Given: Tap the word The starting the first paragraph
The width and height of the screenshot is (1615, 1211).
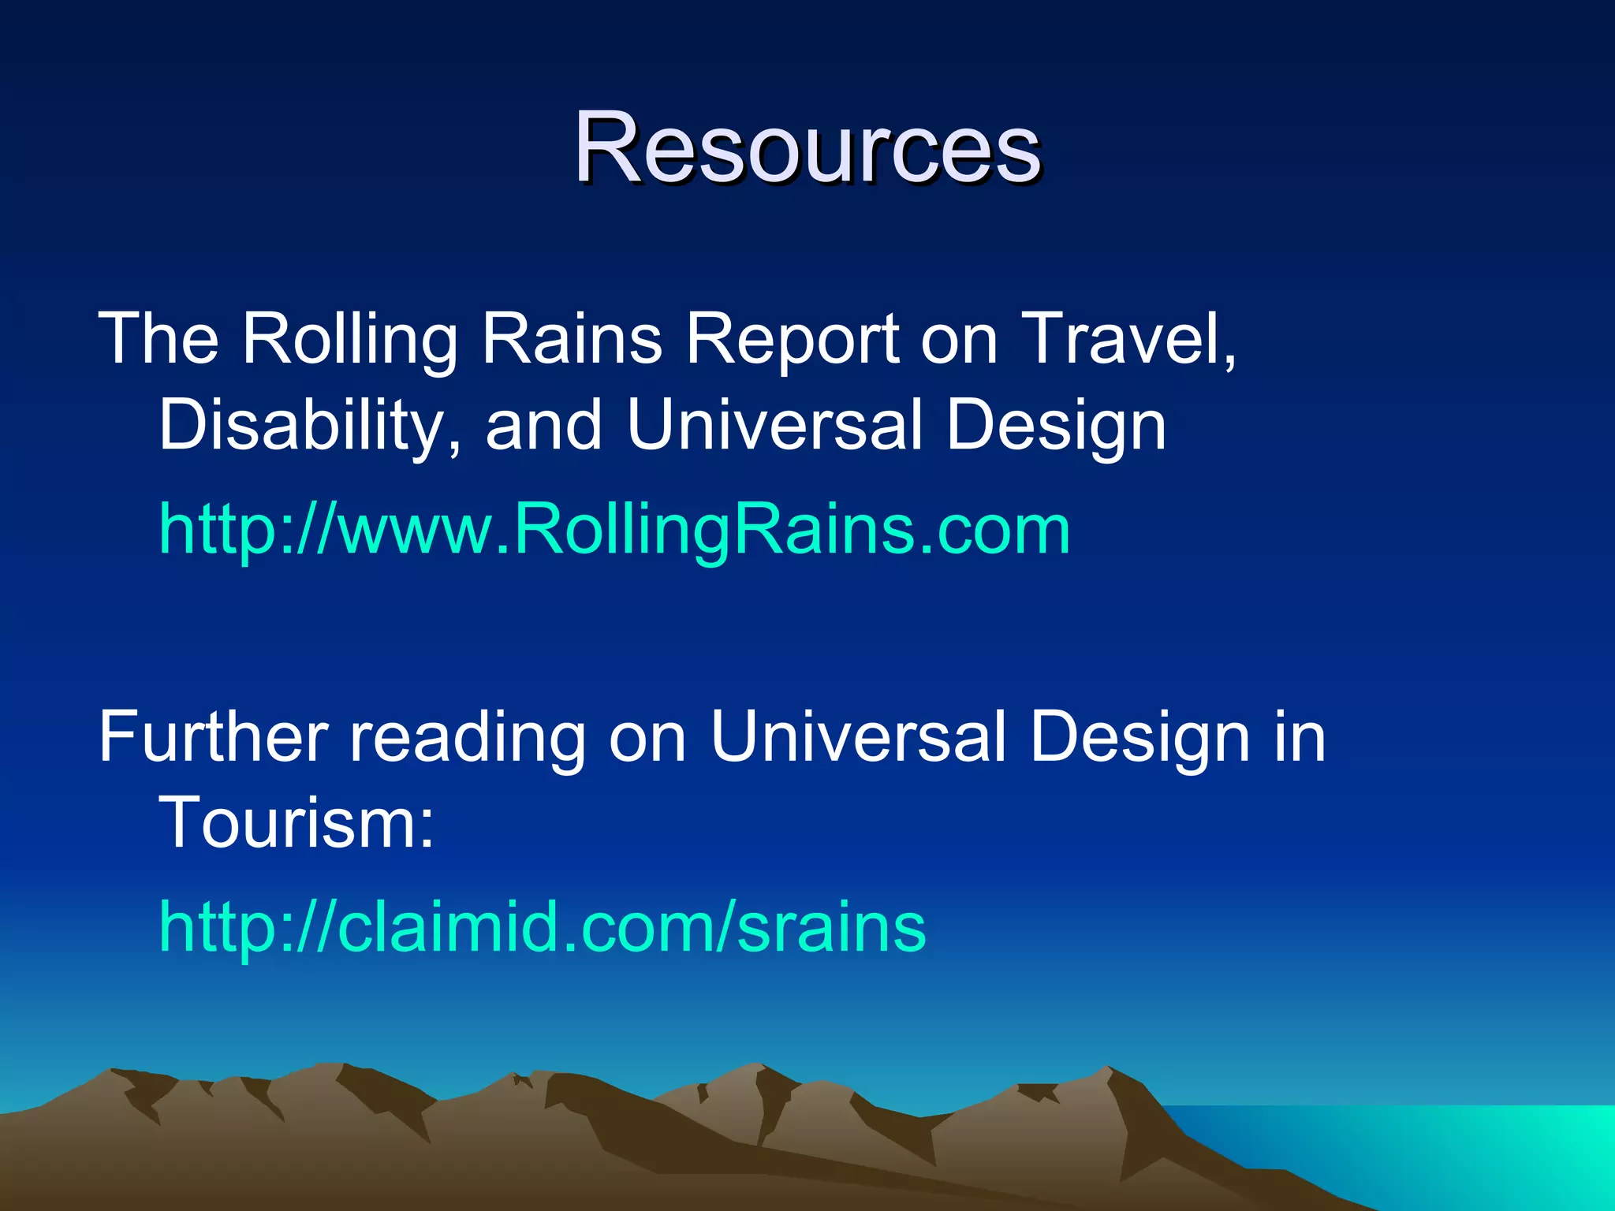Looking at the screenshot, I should (158, 339).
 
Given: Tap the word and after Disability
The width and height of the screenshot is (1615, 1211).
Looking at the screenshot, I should (544, 426).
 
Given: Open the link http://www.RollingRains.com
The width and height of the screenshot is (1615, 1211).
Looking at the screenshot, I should (614, 530).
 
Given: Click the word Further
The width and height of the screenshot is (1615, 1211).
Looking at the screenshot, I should (213, 737).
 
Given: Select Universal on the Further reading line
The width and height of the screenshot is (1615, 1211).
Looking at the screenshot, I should (858, 737).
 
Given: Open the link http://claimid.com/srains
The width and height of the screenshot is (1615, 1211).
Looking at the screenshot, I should (543, 927).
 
